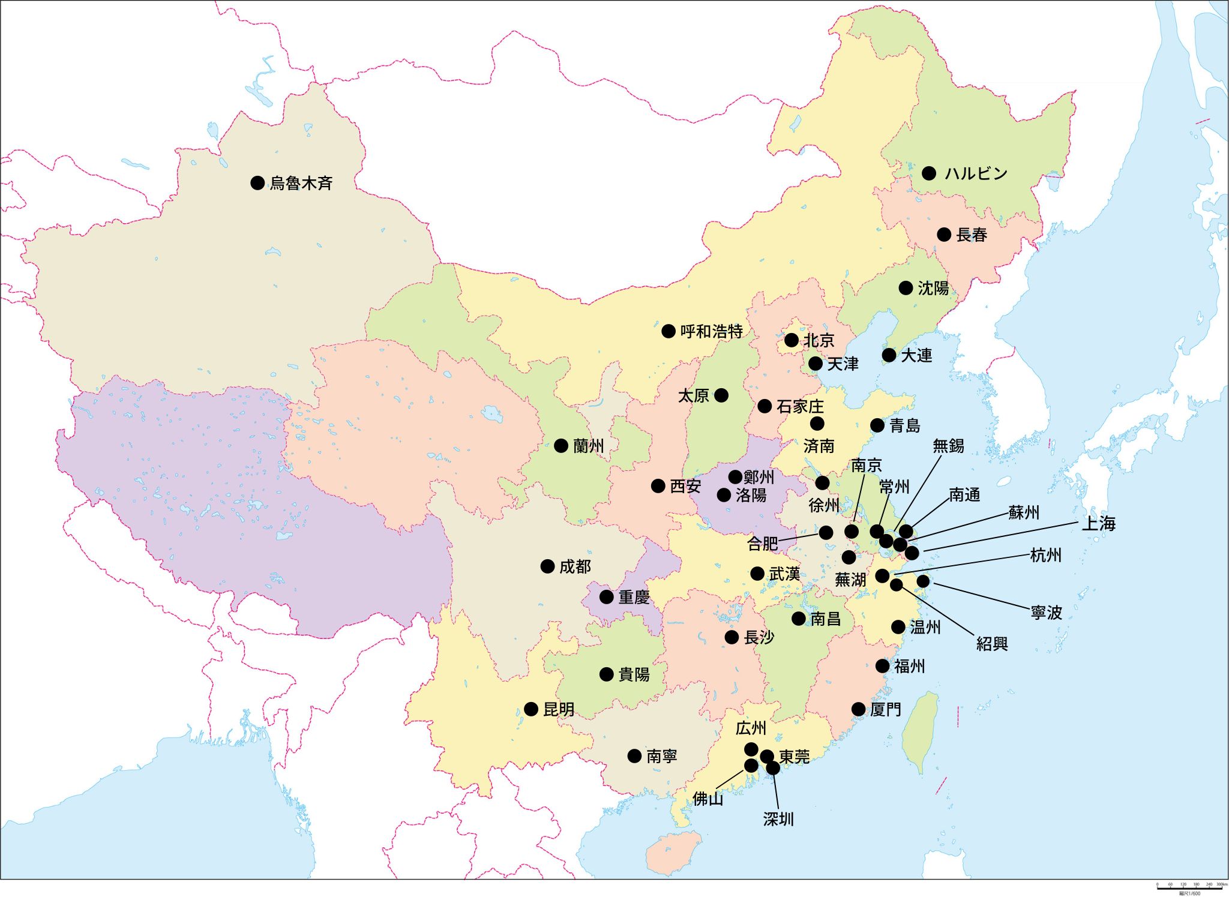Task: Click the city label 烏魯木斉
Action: click(x=301, y=183)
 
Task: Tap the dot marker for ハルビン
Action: click(x=929, y=173)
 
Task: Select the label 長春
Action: click(x=972, y=235)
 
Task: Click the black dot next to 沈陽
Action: click(x=906, y=288)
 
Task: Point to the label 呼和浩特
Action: click(x=711, y=331)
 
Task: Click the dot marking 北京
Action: click(x=792, y=340)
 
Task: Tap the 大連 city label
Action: click(x=916, y=355)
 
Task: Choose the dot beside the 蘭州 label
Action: click(x=561, y=446)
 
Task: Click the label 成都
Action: click(x=575, y=566)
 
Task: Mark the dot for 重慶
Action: click(x=607, y=597)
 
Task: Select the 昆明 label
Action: click(x=559, y=709)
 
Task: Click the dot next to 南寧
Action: click(x=634, y=756)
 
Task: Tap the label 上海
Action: click(x=1098, y=523)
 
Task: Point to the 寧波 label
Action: click(x=1047, y=612)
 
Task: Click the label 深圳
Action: click(x=778, y=819)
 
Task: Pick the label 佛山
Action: click(x=708, y=799)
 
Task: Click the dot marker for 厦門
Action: click(x=859, y=709)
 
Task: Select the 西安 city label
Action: click(x=685, y=486)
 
